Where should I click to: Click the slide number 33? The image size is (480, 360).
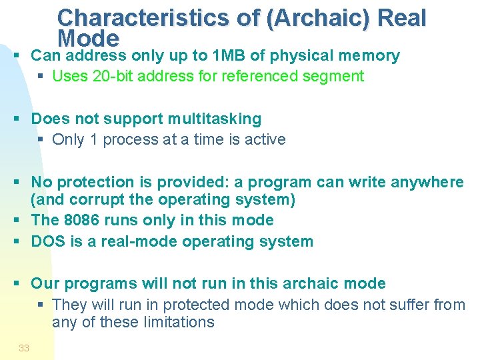tap(24, 348)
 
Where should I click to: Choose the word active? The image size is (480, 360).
tap(264, 140)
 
